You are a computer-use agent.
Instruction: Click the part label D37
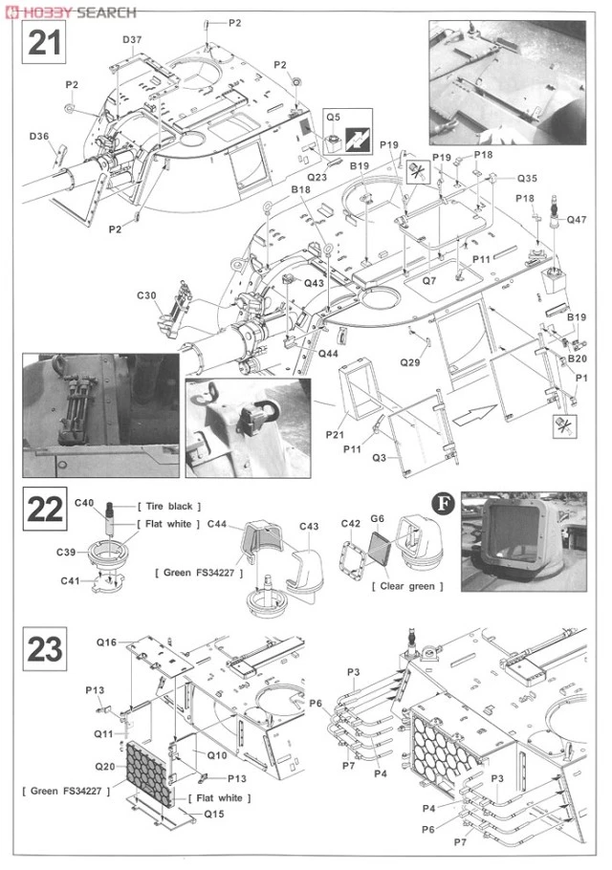point(132,39)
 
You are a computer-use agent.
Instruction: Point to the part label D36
point(39,137)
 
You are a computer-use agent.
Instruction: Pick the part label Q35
point(528,179)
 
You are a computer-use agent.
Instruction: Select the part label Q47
point(577,220)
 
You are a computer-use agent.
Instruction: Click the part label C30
point(146,294)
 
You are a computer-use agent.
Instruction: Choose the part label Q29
point(410,362)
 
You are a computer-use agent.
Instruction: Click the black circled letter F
point(443,504)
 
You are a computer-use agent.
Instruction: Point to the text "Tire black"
point(170,505)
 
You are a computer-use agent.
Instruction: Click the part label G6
point(378,518)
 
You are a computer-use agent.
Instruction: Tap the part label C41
point(70,580)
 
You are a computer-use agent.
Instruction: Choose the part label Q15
point(214,814)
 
